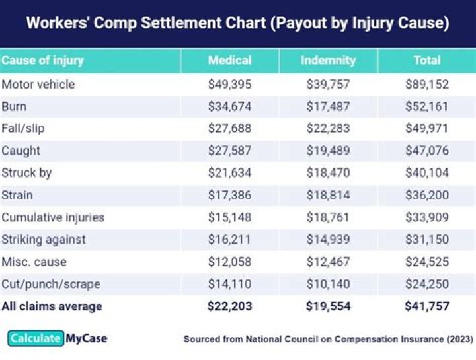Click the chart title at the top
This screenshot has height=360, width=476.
click(237, 24)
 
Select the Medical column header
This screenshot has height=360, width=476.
click(229, 61)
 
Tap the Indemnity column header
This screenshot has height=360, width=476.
click(328, 61)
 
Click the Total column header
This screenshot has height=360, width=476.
click(426, 61)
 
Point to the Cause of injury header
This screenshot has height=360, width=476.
click(43, 61)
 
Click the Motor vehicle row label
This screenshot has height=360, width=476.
click(38, 85)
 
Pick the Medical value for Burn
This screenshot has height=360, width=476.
click(229, 106)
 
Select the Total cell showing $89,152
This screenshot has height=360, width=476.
click(426, 85)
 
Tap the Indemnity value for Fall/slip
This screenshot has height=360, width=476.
click(328, 129)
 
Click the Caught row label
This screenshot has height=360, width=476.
click(21, 151)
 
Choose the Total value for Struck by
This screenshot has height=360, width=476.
click(426, 173)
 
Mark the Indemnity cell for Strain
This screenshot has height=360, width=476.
click(328, 196)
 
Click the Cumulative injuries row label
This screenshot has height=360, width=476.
click(53, 217)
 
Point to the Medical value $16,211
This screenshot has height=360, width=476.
click(229, 240)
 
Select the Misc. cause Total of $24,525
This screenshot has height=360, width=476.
click(426, 262)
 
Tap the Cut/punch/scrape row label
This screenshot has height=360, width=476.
click(51, 284)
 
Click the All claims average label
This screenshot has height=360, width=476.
click(52, 306)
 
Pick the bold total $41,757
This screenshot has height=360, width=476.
click(426, 306)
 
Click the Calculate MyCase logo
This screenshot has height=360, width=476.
click(58, 339)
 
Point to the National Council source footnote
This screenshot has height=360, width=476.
click(328, 340)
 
